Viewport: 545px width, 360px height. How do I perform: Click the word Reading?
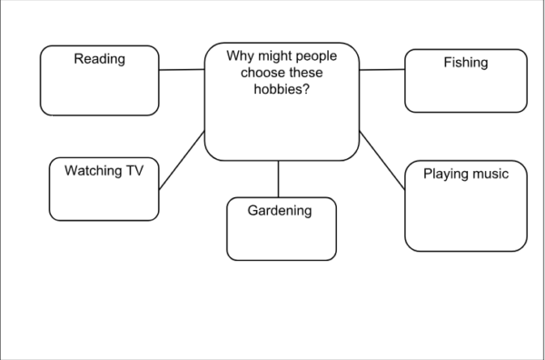(100, 60)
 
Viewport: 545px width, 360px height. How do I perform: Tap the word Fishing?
(465, 63)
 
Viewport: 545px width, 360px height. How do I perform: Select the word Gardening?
(280, 211)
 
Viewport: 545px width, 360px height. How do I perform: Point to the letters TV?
(134, 170)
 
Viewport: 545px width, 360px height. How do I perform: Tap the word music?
(491, 174)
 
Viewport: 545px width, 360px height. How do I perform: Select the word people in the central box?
(316, 56)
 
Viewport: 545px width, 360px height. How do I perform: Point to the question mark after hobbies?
(305, 91)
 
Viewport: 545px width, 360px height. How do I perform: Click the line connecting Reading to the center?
(182, 69)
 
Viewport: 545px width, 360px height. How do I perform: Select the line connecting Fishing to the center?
(381, 69)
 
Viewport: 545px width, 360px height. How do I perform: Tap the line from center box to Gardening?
(279, 178)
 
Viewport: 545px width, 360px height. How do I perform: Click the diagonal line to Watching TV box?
(182, 160)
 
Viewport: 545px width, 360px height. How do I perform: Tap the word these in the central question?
(300, 74)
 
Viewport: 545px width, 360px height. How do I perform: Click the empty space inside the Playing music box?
(465, 218)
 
